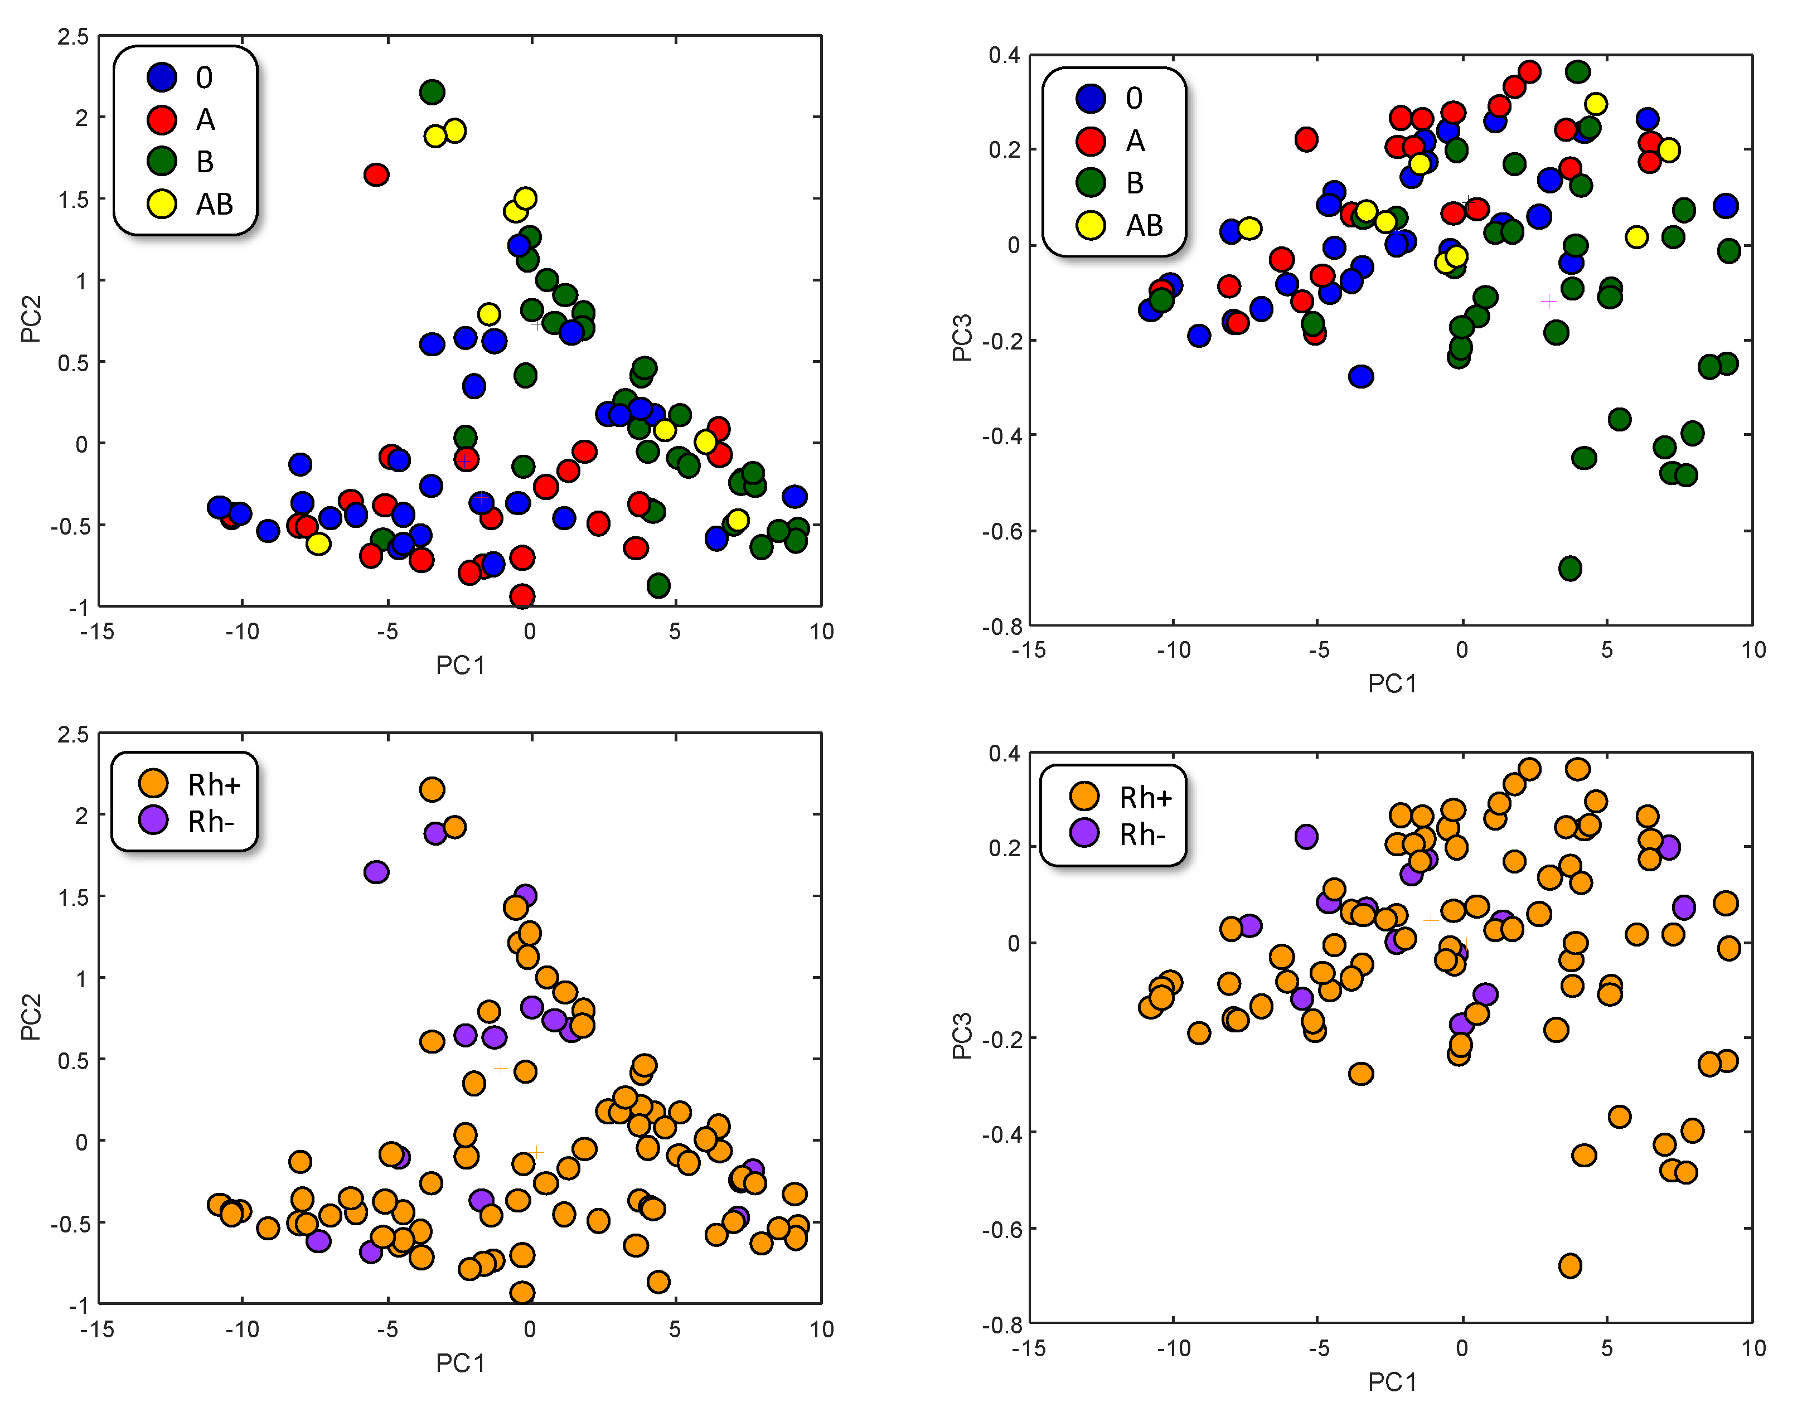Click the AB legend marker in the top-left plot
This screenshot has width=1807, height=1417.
click(162, 203)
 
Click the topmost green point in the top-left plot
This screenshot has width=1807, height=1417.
click(432, 91)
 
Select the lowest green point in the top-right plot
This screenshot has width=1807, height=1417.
click(1569, 568)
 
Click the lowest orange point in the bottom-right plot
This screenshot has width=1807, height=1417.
click(1569, 1266)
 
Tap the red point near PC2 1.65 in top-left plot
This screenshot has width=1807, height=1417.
click(377, 174)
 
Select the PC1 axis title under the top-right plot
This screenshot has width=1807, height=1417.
click(1392, 683)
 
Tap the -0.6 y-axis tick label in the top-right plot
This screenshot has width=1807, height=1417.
click(1001, 531)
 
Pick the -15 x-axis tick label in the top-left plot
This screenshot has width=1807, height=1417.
click(97, 632)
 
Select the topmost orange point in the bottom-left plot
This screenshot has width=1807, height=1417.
click(432, 789)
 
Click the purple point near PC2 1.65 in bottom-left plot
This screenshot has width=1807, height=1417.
click(377, 872)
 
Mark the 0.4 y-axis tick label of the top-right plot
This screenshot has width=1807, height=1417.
click(1004, 56)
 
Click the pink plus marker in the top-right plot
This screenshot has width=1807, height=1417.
click(1548, 301)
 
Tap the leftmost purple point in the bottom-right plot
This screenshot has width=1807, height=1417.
click(1249, 925)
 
